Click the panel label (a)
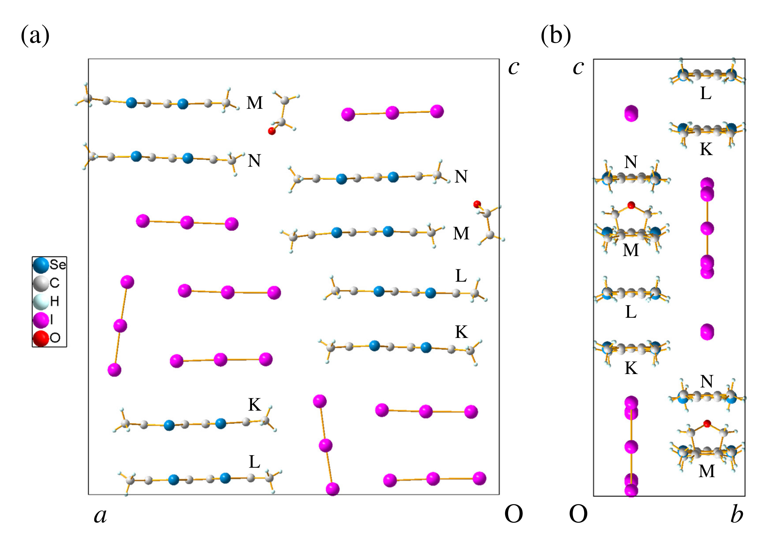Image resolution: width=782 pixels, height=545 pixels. (x=35, y=36)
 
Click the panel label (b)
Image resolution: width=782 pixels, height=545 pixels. (x=556, y=36)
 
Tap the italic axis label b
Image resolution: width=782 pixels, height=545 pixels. (x=736, y=514)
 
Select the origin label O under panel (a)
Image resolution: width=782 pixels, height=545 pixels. (x=513, y=514)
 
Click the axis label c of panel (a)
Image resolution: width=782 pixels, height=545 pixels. (x=513, y=67)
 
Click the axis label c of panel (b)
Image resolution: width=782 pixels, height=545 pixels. (x=578, y=67)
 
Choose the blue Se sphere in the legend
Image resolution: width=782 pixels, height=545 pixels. (x=41, y=265)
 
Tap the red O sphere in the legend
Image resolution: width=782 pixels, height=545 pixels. (x=41, y=338)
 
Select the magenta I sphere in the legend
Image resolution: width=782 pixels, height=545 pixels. (x=41, y=320)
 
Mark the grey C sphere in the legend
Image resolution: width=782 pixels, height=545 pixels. (x=41, y=283)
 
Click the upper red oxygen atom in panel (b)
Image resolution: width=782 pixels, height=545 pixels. (x=631, y=205)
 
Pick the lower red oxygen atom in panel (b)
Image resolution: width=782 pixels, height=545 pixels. (x=707, y=424)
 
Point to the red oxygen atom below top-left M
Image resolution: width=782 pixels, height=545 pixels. (x=272, y=131)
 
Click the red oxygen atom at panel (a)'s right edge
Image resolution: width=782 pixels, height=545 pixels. (x=477, y=204)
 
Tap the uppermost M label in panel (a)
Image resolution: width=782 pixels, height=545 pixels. (x=255, y=103)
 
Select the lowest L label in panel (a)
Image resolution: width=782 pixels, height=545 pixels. (x=254, y=462)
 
